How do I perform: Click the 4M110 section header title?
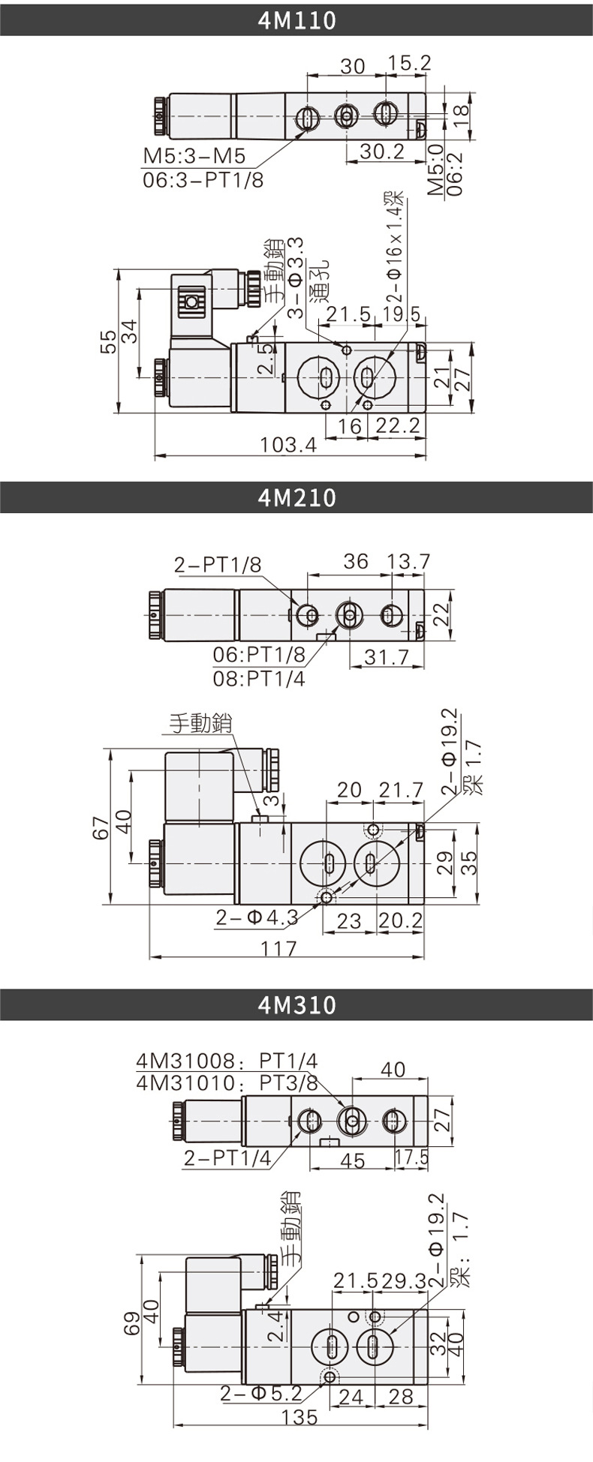pos(296,20)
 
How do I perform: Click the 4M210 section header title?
pos(296,498)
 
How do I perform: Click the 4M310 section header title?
pos(296,1005)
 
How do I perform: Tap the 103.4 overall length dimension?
pos(288,446)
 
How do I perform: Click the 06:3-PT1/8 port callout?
pos(203,180)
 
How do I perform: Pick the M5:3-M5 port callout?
pos(194,156)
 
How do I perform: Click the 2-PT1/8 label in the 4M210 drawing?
pos(218,565)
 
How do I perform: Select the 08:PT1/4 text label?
pos(259,679)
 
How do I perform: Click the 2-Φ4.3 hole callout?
pos(257,917)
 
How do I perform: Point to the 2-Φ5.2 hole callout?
pos(260,1394)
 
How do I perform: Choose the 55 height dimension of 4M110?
pos(109,341)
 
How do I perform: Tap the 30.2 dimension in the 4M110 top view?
pos(381,152)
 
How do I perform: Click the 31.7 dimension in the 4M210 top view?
pos(387,657)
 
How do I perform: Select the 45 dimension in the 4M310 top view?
pos(352,1160)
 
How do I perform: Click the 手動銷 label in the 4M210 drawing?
pos(200,723)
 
